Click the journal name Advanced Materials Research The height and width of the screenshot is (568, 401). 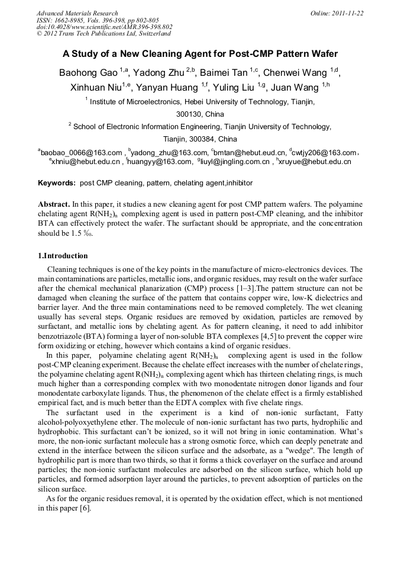pyautogui.click(x=77, y=13)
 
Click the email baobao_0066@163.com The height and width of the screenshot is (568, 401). pyautogui.click(x=81, y=153)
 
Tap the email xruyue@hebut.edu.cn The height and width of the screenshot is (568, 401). pyautogui.click(x=315, y=161)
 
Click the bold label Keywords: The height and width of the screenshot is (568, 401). pyautogui.click(x=57, y=184)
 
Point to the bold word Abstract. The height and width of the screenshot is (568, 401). pyautogui.click(x=54, y=203)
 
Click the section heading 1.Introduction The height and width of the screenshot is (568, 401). pyautogui.click(x=63, y=256)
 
